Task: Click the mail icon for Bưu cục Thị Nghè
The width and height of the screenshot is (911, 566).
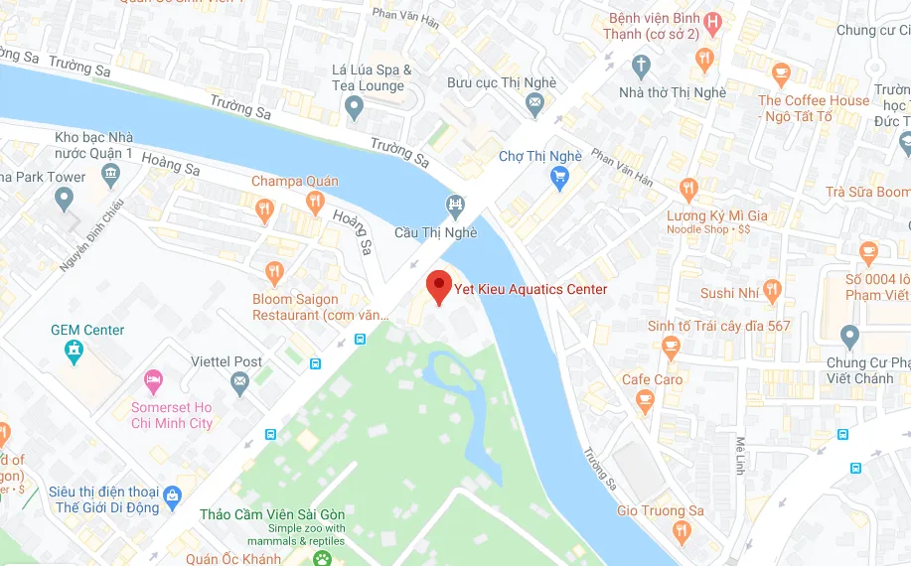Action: coord(535,102)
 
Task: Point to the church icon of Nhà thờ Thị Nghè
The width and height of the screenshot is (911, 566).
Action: coord(641,67)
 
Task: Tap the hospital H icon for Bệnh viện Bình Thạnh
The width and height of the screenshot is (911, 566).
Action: coord(712,22)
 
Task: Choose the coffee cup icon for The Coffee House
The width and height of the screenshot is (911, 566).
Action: coord(781,73)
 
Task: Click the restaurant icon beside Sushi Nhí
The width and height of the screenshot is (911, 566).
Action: coord(772,291)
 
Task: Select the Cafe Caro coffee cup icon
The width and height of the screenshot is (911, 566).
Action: coord(646,402)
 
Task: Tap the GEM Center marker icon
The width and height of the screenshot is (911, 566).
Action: coord(73,351)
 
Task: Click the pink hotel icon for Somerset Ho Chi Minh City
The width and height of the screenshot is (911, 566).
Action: coord(153,380)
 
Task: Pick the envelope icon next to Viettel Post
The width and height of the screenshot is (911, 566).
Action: coord(239,382)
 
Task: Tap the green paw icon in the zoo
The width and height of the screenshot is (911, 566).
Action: coord(322,559)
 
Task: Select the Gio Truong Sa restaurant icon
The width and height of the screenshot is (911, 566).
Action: coord(682,532)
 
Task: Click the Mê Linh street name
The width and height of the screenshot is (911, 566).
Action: coord(740,455)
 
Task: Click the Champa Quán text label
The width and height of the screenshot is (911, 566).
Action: coord(294,182)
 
